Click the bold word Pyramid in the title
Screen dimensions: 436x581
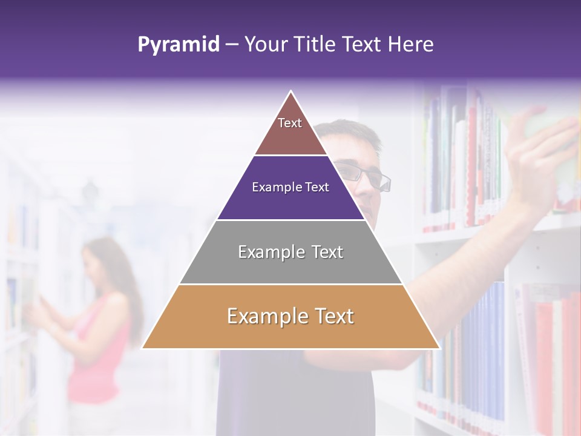(x=179, y=44)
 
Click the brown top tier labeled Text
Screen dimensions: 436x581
(x=290, y=130)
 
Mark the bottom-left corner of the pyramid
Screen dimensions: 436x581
(x=143, y=348)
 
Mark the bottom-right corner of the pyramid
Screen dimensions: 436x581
(x=439, y=348)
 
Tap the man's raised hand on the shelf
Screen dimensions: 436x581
(x=539, y=151)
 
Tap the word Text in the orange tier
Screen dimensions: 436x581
(x=329, y=316)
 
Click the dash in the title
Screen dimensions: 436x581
(x=232, y=44)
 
